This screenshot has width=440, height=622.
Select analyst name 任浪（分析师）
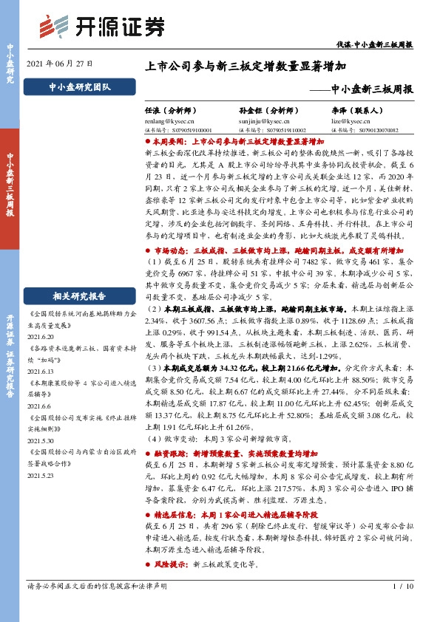(x=177, y=108)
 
